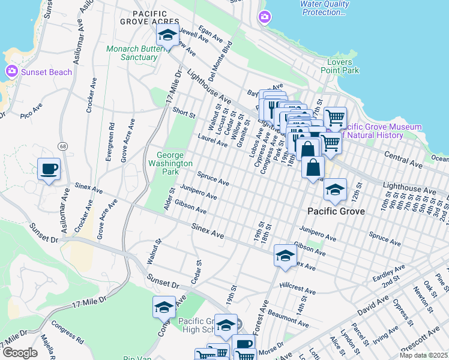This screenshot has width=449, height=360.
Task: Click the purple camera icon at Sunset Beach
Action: tap(11, 72)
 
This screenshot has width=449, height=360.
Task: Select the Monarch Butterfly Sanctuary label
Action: tap(132, 53)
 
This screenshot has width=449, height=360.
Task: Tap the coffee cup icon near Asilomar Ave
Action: tap(49, 169)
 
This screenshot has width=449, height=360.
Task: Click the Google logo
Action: tap(20, 353)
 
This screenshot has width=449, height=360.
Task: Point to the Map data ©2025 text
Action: tap(423, 355)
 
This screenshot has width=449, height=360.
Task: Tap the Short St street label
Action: tap(184, 113)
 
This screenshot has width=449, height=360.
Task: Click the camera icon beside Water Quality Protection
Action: tap(264, 17)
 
